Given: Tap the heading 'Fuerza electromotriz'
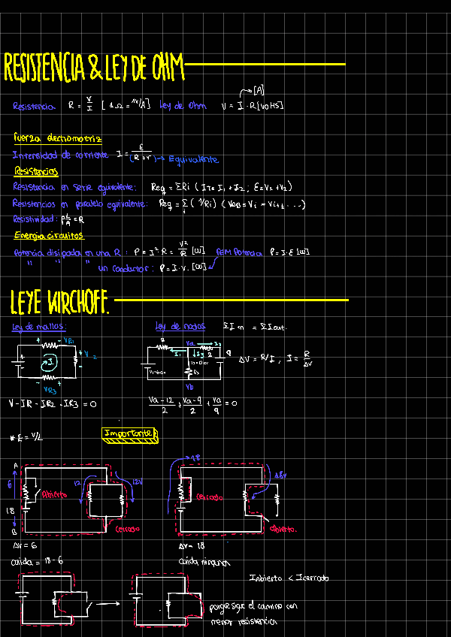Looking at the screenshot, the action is (x=57, y=137).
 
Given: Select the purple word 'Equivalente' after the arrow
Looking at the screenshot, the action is (x=193, y=159).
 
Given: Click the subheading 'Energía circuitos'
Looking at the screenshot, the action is (x=49, y=236).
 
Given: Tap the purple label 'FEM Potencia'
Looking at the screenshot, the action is (x=239, y=252).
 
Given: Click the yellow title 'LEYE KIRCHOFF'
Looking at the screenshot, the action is (x=60, y=302).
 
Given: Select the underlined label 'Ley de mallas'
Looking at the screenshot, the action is (x=39, y=327).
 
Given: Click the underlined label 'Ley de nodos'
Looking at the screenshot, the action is (x=180, y=326).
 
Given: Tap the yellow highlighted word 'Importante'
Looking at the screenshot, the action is (x=129, y=433).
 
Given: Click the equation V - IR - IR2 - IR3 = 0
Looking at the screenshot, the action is (x=53, y=403).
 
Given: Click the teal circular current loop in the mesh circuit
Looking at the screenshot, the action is (x=49, y=363).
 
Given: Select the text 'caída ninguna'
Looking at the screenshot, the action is (x=204, y=561).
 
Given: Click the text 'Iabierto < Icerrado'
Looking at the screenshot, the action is (x=289, y=578).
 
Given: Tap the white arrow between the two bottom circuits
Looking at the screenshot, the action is (x=110, y=602).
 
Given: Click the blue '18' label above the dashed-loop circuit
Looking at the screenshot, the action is (x=195, y=457).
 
